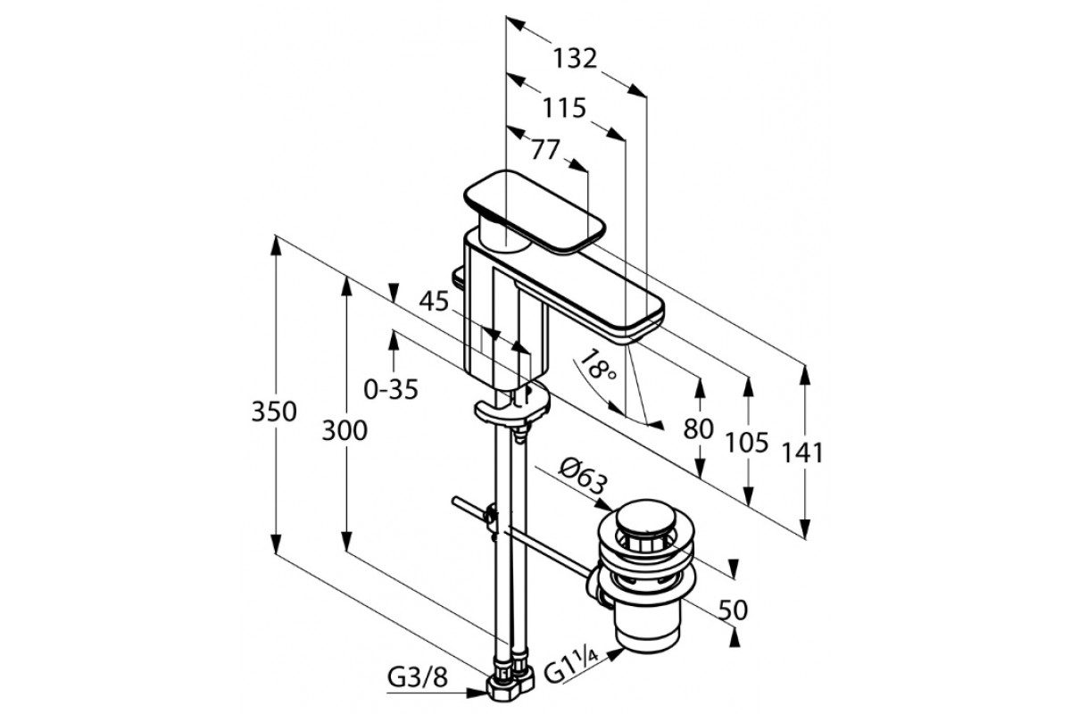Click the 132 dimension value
[574, 59]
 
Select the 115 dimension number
[565, 108]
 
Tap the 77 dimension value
[545, 149]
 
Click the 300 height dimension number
[344, 431]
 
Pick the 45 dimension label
[434, 302]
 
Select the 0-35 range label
[391, 389]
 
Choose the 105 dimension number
[748, 442]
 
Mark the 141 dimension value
[802, 452]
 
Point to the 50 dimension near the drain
[733, 610]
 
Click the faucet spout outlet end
[637, 320]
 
